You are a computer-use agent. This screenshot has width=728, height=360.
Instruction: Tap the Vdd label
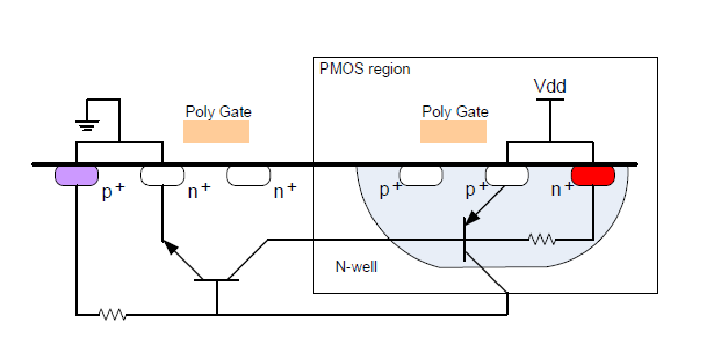pos(550,86)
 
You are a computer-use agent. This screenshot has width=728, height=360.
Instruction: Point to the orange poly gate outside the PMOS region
pos(216,132)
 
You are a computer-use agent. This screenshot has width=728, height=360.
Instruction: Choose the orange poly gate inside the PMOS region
pos(453,132)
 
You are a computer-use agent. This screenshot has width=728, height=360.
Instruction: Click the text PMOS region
pos(364,69)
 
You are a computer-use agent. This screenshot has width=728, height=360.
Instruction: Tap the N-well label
pos(356,266)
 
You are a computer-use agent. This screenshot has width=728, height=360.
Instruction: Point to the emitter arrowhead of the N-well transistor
pos(472,217)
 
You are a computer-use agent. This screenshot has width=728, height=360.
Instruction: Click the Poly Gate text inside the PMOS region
pos(455,112)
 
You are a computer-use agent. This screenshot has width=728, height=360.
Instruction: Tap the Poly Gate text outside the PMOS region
pos(218,112)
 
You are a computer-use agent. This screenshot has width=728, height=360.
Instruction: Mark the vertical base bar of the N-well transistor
pos(464,239)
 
